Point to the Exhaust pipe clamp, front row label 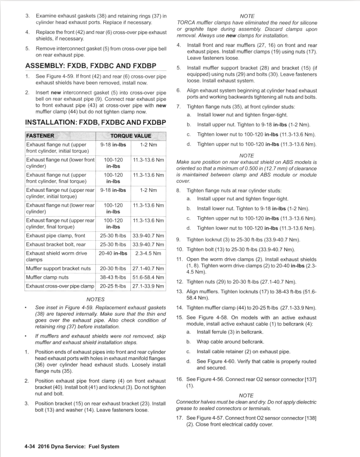point(59,236)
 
